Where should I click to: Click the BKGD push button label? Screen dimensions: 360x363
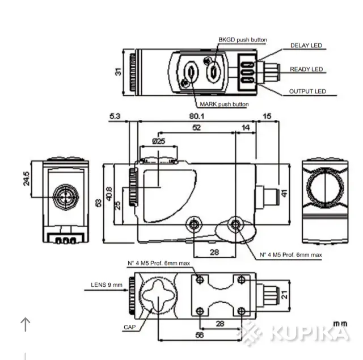(242, 40)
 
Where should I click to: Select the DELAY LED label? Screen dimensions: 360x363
(306, 45)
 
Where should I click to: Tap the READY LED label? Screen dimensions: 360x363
(306, 69)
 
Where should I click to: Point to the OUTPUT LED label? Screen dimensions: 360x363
(307, 91)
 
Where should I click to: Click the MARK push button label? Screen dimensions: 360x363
(224, 104)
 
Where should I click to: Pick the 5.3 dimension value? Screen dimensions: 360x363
(115, 116)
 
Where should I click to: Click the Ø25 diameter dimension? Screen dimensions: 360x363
(159, 141)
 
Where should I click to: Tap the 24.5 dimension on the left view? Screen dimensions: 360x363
(26, 179)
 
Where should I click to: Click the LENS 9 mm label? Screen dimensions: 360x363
(107, 285)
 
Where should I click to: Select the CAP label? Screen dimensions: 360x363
(129, 328)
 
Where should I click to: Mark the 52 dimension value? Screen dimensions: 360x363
(196, 129)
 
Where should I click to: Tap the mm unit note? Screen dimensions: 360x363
(340, 323)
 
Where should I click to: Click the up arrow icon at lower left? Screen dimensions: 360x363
(25, 324)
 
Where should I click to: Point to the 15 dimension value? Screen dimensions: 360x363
(267, 116)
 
